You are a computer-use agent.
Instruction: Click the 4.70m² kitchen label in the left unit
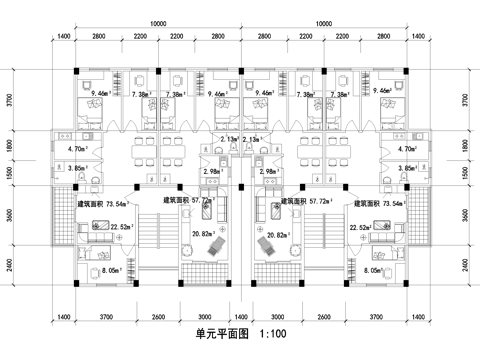pyautogui.click(x=74, y=149)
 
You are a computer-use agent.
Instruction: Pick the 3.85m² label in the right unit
pyautogui.click(x=404, y=169)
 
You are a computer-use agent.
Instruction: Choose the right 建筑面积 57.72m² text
pyautogui.click(x=305, y=202)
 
